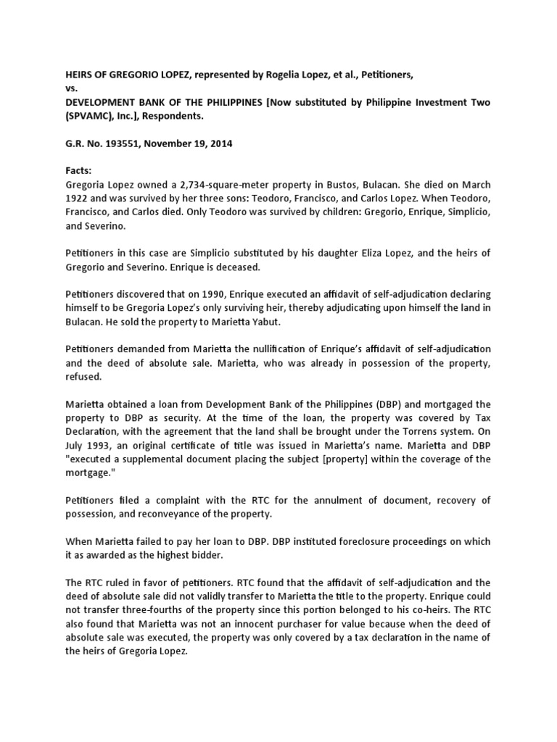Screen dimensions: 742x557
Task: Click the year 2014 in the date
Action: coord(220,143)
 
